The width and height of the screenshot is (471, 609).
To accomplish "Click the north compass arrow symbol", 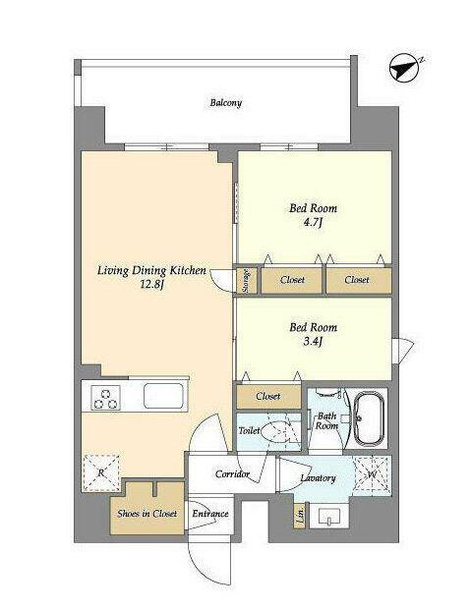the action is [x=404, y=69].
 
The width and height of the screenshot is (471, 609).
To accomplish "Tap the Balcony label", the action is [x=226, y=103].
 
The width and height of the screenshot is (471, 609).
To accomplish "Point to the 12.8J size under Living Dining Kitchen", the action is [x=152, y=285].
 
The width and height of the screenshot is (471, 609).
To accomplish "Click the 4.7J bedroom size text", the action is [x=313, y=223].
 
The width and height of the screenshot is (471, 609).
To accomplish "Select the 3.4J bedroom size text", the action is [x=313, y=342].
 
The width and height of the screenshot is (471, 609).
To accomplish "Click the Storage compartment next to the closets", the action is [x=247, y=280].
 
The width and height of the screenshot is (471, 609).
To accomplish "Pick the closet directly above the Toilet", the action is [x=268, y=396].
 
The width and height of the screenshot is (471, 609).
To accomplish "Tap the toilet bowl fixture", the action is [x=277, y=431].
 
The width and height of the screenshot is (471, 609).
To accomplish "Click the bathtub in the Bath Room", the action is [x=370, y=418].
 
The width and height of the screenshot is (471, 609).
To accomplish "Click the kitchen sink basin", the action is [x=163, y=396].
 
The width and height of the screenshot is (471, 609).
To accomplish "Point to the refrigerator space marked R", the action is [x=101, y=472].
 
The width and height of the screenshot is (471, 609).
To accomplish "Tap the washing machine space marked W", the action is [x=373, y=474].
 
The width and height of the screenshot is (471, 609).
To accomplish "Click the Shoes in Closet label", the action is [x=147, y=514].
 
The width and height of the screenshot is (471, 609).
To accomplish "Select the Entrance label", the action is [x=210, y=514].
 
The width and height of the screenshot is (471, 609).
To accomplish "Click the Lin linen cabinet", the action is [x=301, y=516].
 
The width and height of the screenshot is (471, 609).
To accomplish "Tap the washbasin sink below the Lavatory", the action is [x=329, y=516].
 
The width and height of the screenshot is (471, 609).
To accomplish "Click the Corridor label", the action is [x=232, y=474].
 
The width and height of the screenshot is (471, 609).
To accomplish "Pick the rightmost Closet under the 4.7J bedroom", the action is [x=358, y=280].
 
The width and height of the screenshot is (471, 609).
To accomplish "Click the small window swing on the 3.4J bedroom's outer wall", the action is [x=403, y=351].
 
